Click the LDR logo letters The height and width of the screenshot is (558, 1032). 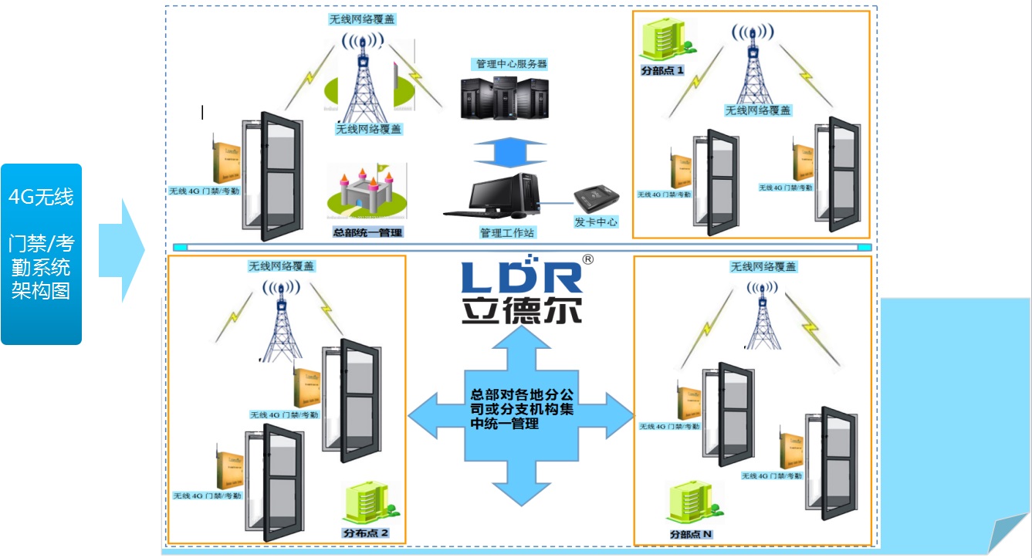click(x=520, y=277)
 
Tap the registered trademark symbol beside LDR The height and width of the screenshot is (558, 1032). click(x=587, y=260)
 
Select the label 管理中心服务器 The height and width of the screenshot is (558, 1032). click(x=511, y=64)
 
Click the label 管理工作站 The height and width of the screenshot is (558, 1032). click(x=506, y=232)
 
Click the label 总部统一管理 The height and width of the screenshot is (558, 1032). click(x=367, y=232)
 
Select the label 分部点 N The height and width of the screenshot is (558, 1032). click(x=691, y=534)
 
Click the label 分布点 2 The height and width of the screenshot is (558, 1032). click(x=365, y=533)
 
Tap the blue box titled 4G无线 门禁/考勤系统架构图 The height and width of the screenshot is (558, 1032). click(x=41, y=254)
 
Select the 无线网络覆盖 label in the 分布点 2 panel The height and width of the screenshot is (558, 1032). click(x=281, y=266)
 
